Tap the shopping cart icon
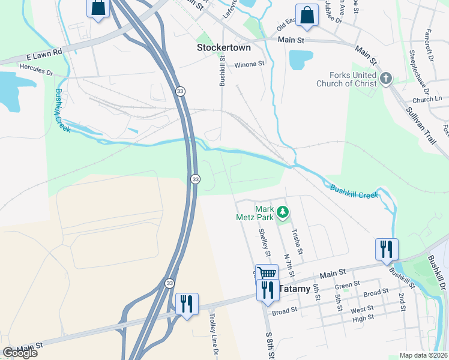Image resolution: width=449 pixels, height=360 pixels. [x=267, y=274]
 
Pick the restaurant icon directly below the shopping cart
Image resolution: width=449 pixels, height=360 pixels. [x=267, y=290]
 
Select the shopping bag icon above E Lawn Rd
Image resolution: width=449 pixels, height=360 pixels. [x=98, y=8]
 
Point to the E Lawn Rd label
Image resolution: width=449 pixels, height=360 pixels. [x=44, y=55]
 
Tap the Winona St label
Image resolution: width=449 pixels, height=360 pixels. [x=249, y=64]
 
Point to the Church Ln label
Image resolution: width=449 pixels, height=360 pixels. [x=427, y=99]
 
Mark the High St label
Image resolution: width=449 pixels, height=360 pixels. [x=363, y=317]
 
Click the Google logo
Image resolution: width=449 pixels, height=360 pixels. [x=20, y=353]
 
